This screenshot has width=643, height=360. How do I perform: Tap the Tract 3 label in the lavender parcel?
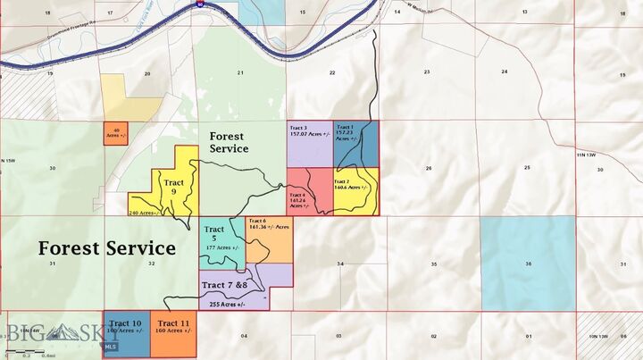[x=298, y=129]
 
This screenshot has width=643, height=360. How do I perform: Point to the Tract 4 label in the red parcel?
[x=297, y=195]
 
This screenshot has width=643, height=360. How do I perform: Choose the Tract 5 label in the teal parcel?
[x=213, y=234]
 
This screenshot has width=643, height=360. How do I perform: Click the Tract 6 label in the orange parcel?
[x=257, y=221]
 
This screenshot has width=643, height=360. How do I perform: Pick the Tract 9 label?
[x=174, y=188]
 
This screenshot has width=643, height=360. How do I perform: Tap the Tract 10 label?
[x=125, y=323]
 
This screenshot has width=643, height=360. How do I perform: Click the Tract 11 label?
[x=172, y=323]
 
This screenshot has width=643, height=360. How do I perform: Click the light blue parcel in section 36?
[x=527, y=263]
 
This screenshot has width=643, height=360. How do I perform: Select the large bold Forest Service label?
[x=106, y=248]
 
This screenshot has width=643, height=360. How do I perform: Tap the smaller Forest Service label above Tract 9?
[x=229, y=142]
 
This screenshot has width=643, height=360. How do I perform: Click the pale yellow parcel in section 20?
[x=125, y=93]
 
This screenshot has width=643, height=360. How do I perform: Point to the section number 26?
[x=430, y=169]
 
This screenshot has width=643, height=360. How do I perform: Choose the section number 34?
[x=340, y=264]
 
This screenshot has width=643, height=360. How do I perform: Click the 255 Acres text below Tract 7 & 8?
[x=227, y=305]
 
